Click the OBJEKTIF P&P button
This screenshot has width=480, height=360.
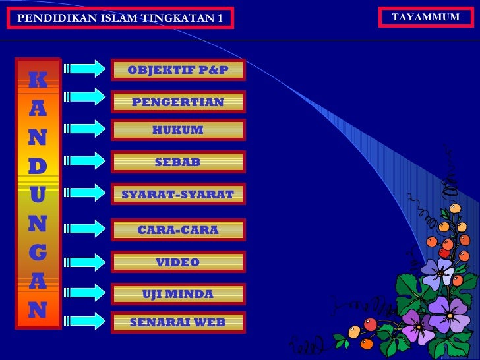pyautogui.click(x=178, y=70)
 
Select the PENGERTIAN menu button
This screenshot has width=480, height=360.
pyautogui.click(x=178, y=102)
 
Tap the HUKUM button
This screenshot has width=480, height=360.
pyautogui.click(x=178, y=130)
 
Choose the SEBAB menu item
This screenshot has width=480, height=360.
pyautogui.click(x=178, y=162)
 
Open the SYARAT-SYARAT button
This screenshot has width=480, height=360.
pyautogui.click(x=178, y=194)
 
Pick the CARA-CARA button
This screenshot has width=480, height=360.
pyautogui.click(x=178, y=230)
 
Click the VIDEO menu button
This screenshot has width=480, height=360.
pyautogui.click(x=178, y=262)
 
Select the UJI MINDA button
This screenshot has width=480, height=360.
pyautogui.click(x=178, y=293)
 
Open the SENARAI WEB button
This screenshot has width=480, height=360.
pyautogui.click(x=178, y=322)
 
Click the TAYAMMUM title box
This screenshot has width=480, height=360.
pyautogui.click(x=426, y=17)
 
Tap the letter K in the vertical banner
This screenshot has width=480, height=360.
pyautogui.click(x=38, y=80)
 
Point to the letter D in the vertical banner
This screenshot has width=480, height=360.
pyautogui.click(x=38, y=166)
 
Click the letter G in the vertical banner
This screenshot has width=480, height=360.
pyautogui.click(x=38, y=252)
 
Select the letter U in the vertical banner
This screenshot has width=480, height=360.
pyautogui.click(x=38, y=195)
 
